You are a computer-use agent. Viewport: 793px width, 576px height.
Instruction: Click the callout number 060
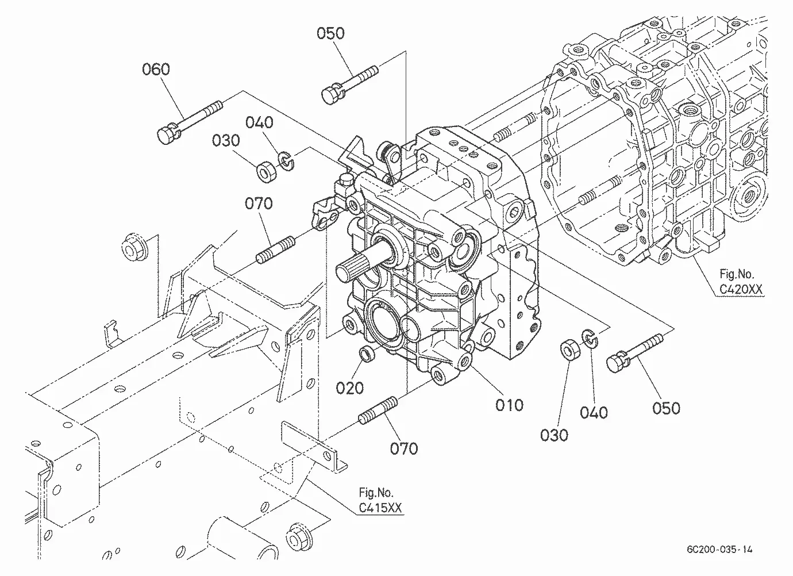pyautogui.click(x=156, y=69)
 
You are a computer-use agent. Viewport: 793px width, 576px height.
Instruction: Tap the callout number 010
pyautogui.click(x=509, y=405)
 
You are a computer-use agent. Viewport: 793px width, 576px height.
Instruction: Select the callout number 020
pyautogui.click(x=349, y=388)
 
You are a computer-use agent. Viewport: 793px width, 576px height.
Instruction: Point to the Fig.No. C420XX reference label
pyautogui.click(x=741, y=282)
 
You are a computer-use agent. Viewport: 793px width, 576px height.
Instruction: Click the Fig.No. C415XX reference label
pyautogui.click(x=380, y=500)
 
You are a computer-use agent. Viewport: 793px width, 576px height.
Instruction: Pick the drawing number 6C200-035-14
pyautogui.click(x=719, y=550)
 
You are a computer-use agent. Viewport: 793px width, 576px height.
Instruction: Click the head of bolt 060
pyautogui.click(x=167, y=134)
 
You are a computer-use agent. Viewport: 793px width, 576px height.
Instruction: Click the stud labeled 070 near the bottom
pyautogui.click(x=378, y=410)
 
